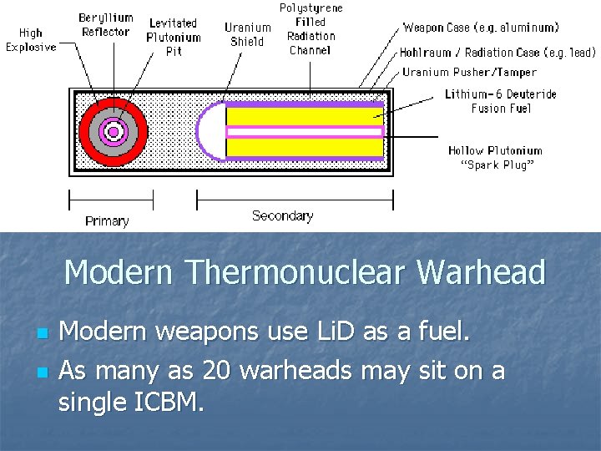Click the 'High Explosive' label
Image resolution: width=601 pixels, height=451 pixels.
point(31,39)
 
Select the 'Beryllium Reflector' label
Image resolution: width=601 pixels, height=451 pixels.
point(106,25)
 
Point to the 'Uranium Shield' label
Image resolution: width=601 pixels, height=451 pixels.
point(248,34)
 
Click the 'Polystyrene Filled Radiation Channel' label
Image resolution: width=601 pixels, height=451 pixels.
point(311,29)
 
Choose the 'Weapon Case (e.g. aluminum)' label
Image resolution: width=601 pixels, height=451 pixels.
point(470,28)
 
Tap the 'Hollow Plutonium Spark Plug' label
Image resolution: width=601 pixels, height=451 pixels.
point(495,158)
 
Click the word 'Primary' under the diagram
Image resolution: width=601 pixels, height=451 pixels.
point(107,221)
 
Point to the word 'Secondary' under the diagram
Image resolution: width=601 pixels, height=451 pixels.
point(282,215)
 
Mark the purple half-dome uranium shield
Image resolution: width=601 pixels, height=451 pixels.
point(210,131)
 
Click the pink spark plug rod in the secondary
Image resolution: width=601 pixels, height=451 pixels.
point(305,131)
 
